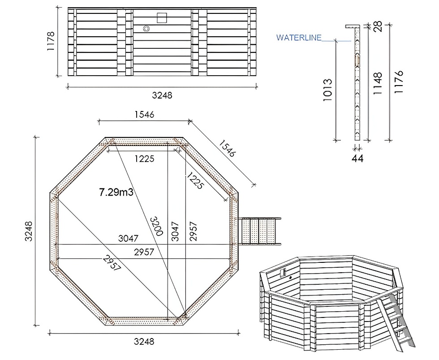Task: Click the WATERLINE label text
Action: click(299, 38)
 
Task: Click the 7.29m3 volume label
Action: click(116, 192)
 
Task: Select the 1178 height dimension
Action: click(51, 42)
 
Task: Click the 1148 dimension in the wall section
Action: click(378, 83)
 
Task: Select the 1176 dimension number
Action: click(399, 81)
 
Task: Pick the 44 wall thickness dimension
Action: click(357, 158)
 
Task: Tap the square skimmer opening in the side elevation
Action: click(162, 17)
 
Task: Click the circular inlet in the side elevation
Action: click(146, 29)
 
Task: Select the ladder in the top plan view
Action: click(260, 231)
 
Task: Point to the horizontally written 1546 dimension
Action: click(144, 115)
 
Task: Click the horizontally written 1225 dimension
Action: click(144, 159)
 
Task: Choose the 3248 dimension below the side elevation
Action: click(162, 95)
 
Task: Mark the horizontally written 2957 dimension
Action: click(144, 252)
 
